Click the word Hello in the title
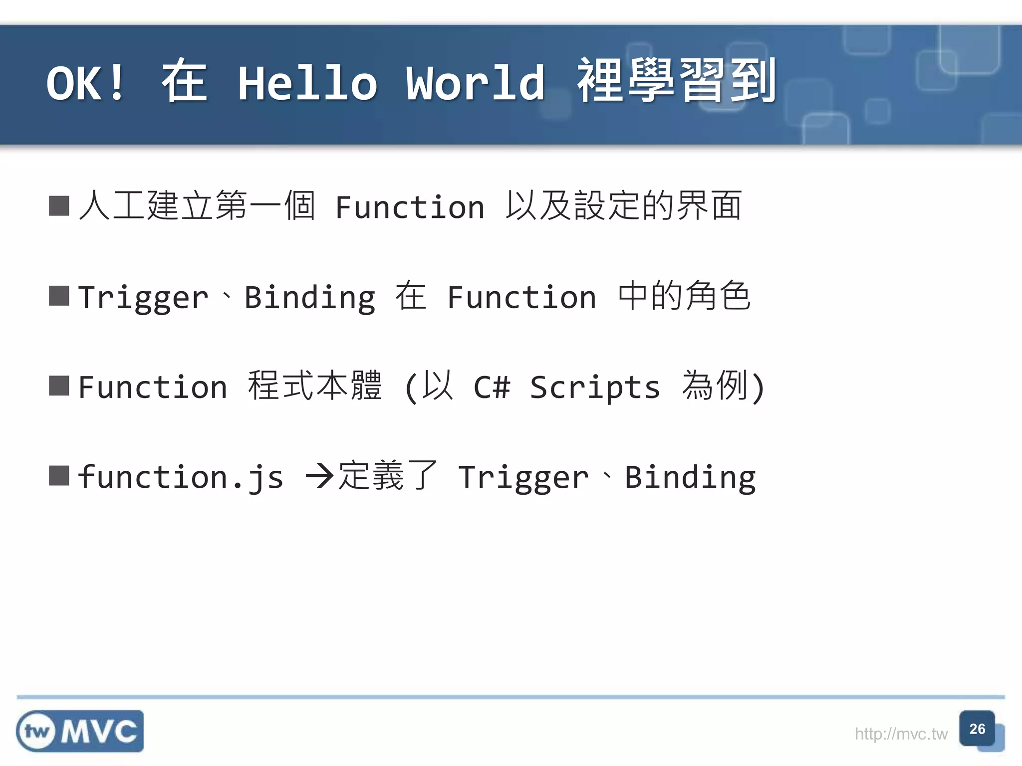pyautogui.click(x=307, y=83)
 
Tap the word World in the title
pyautogui.click(x=475, y=83)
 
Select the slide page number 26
pyautogui.click(x=977, y=729)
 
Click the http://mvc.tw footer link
pyautogui.click(x=901, y=734)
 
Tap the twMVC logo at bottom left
pyautogui.click(x=80, y=731)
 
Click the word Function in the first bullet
pyautogui.click(x=410, y=207)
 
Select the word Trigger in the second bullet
pyautogui.click(x=143, y=298)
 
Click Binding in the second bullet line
pyautogui.click(x=309, y=298)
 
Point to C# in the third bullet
pyautogui.click(x=492, y=387)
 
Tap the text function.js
pyautogui.click(x=181, y=477)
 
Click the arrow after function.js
pyautogui.click(x=319, y=477)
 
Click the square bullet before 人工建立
pyautogui.click(x=59, y=206)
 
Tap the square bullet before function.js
pyautogui.click(x=59, y=476)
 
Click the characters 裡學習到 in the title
pyautogui.click(x=676, y=81)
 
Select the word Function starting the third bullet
pyautogui.click(x=153, y=387)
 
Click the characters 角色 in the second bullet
pyautogui.click(x=718, y=296)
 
